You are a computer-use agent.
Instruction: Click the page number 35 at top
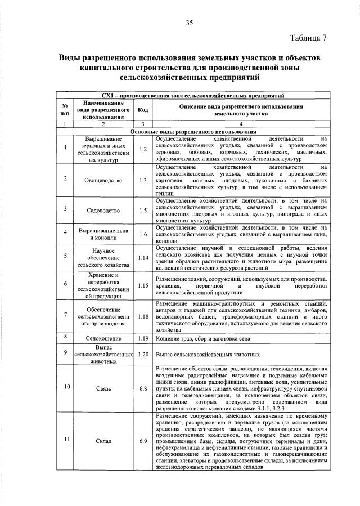pos(190,23)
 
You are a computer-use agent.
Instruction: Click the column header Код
pos(143,109)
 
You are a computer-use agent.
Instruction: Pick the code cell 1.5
pos(143,211)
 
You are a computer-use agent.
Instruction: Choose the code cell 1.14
pos(143,257)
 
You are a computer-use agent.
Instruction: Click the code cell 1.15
pos(143,285)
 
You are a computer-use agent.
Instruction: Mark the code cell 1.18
pos(143,316)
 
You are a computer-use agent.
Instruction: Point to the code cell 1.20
pos(143,355)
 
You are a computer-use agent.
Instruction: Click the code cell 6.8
pos(143,388)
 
